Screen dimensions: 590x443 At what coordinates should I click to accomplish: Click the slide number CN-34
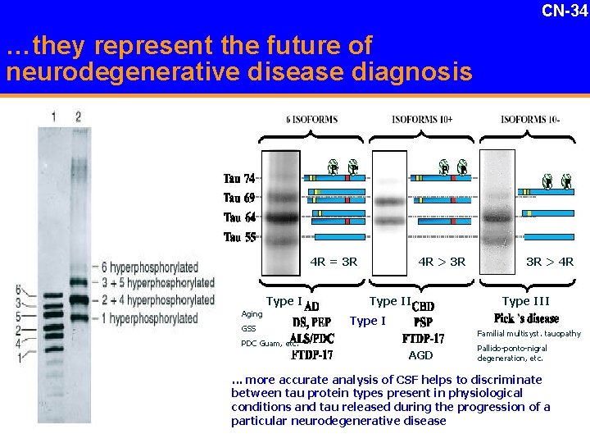565,11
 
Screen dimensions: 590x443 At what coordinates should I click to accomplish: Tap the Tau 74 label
239,179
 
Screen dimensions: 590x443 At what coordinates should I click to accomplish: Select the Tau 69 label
239,198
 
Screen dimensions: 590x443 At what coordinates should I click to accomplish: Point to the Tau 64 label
239,217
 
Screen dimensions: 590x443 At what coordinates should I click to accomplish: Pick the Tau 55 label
239,238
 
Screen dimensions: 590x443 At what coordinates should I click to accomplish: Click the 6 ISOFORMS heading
312,120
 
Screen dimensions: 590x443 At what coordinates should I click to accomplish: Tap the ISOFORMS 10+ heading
422,120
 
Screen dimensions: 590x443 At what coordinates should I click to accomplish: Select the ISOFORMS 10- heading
531,120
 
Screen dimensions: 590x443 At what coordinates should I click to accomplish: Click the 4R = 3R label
334,263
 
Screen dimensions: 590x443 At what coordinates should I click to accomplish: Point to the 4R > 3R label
442,263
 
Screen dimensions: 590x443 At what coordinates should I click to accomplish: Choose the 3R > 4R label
549,263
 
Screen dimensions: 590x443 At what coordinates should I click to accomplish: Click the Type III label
525,301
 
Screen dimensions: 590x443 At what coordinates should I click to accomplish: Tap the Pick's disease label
527,318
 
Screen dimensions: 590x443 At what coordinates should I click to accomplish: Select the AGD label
420,355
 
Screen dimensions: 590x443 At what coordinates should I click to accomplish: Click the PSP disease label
423,322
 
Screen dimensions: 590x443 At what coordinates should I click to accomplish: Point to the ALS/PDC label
312,338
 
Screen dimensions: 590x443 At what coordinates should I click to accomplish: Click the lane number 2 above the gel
78,116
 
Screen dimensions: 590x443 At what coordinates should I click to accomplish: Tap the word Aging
252,314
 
